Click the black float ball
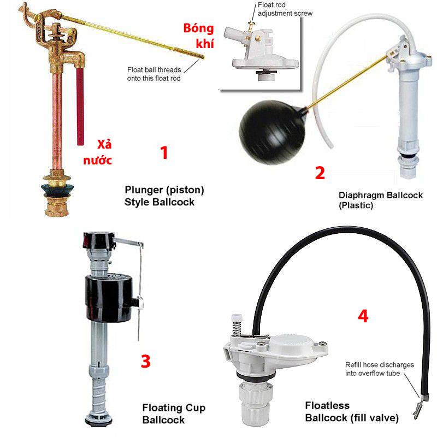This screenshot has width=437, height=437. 271,132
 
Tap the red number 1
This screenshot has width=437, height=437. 164,153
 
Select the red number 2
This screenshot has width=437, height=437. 320,173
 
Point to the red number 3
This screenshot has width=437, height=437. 146,361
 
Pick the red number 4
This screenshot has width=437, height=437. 363,316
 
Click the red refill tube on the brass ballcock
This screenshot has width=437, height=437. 80,106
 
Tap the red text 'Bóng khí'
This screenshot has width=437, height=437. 199,36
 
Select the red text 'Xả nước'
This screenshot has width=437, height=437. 98,152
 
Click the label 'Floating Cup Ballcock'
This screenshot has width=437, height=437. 174,414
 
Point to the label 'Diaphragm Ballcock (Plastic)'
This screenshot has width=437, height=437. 380,200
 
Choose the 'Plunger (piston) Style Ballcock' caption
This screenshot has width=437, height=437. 164,196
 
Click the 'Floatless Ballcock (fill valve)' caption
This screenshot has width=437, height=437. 352,411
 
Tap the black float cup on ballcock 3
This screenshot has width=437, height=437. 109,298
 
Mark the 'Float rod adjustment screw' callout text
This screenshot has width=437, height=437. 285,9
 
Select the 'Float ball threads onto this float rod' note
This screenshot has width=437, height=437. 154,74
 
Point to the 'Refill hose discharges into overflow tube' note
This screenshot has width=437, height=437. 380,369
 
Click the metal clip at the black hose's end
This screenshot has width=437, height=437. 418,407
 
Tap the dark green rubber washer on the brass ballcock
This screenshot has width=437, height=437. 58,189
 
